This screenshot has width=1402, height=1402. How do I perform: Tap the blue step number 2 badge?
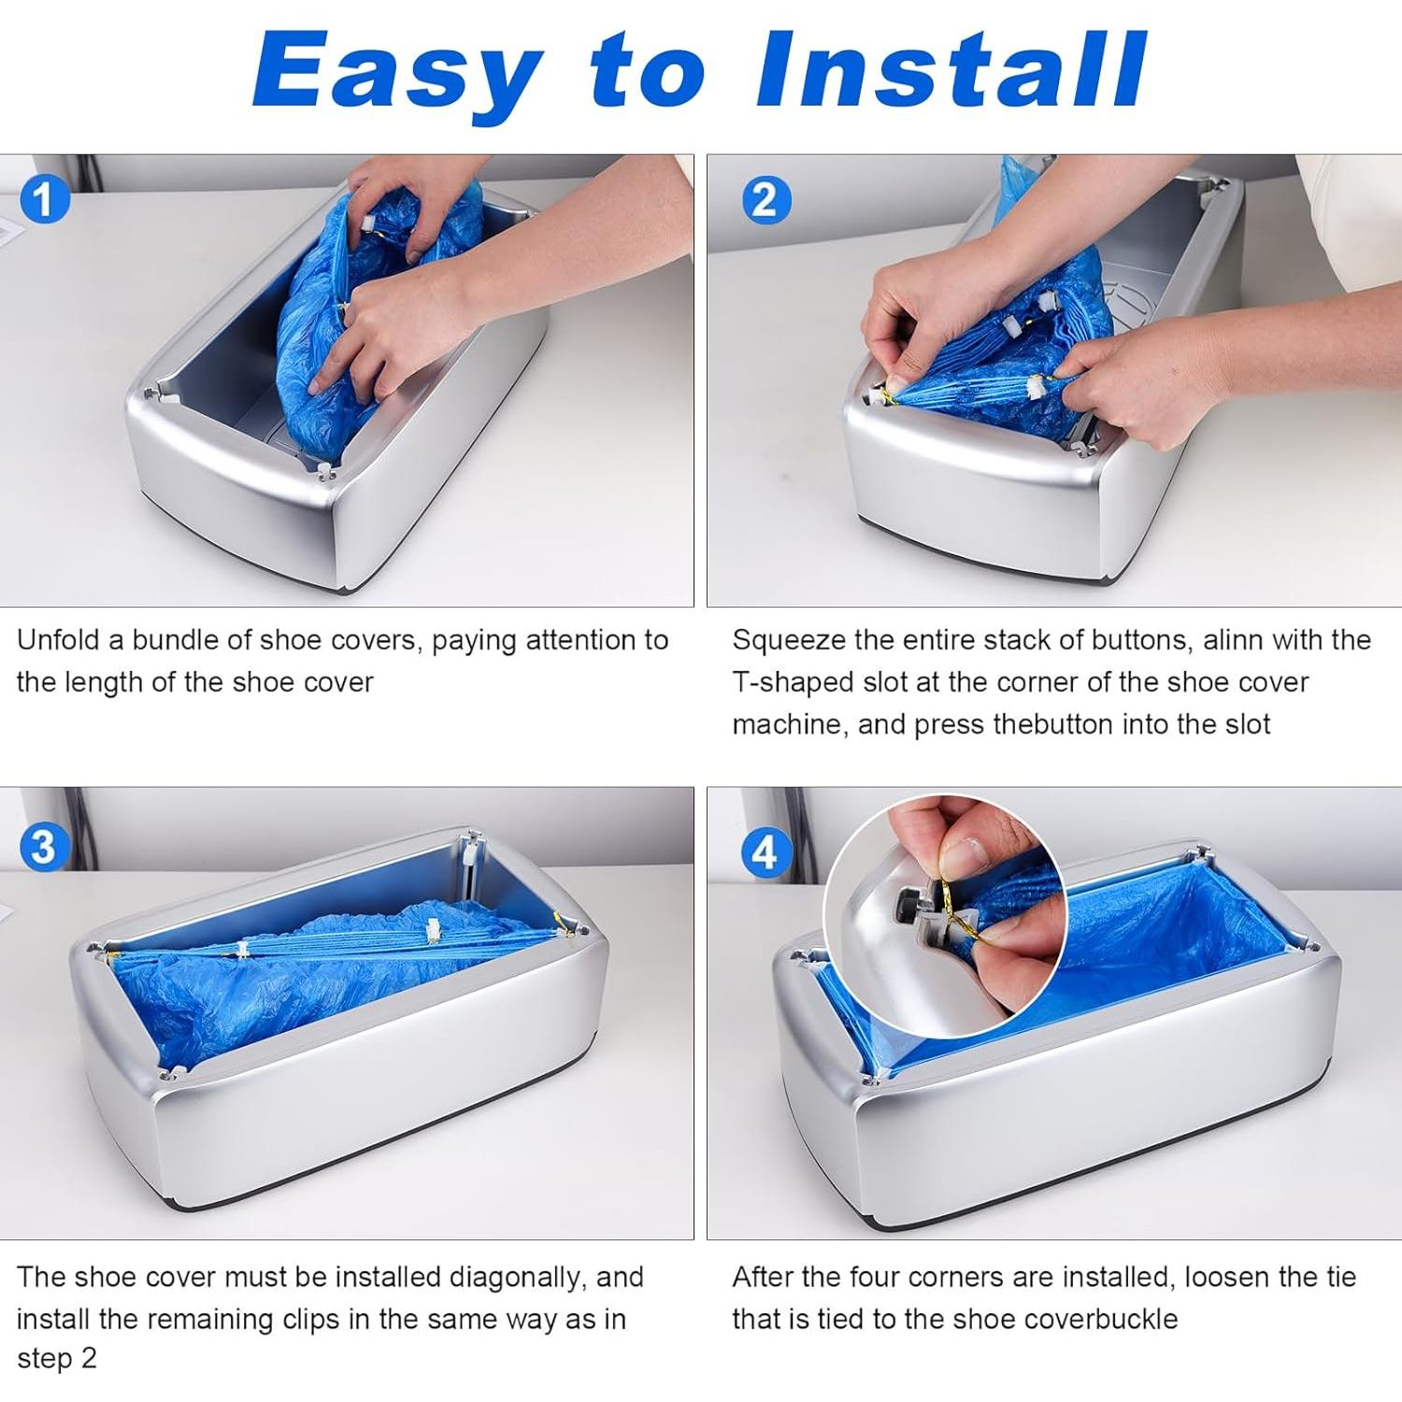[x=765, y=200]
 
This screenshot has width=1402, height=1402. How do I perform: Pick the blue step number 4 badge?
[x=765, y=852]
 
